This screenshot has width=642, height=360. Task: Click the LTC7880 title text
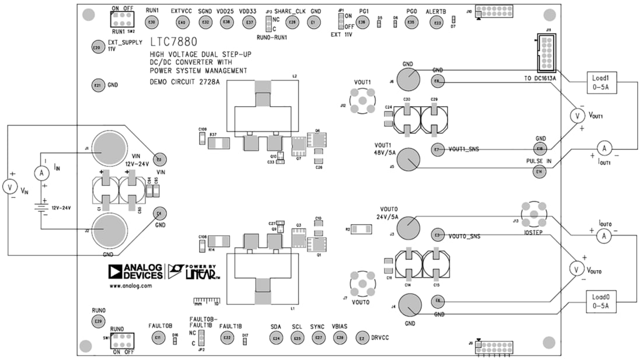[173, 42]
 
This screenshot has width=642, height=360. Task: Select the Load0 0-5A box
[601, 300]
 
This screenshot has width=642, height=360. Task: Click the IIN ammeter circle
[40, 173]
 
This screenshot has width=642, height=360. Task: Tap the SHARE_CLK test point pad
[292, 22]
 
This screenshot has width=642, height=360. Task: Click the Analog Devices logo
[128, 272]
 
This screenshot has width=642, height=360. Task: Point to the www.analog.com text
[130, 286]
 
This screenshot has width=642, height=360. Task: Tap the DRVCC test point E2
[362, 338]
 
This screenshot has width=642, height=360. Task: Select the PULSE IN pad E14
[539, 172]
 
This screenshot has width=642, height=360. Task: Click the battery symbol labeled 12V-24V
[40, 207]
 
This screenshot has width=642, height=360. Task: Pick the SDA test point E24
[276, 338]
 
